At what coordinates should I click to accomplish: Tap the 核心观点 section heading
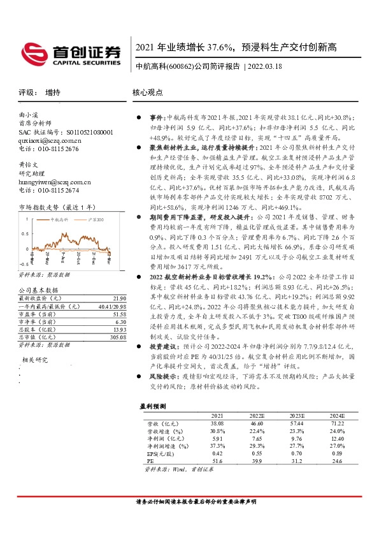click(147, 92)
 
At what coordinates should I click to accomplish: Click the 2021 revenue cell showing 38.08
click(218, 422)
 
